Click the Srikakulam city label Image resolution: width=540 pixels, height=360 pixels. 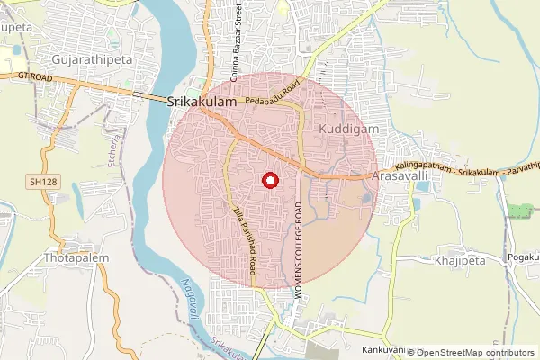coord(202,103)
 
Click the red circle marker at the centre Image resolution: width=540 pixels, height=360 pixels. coord(268,180)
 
